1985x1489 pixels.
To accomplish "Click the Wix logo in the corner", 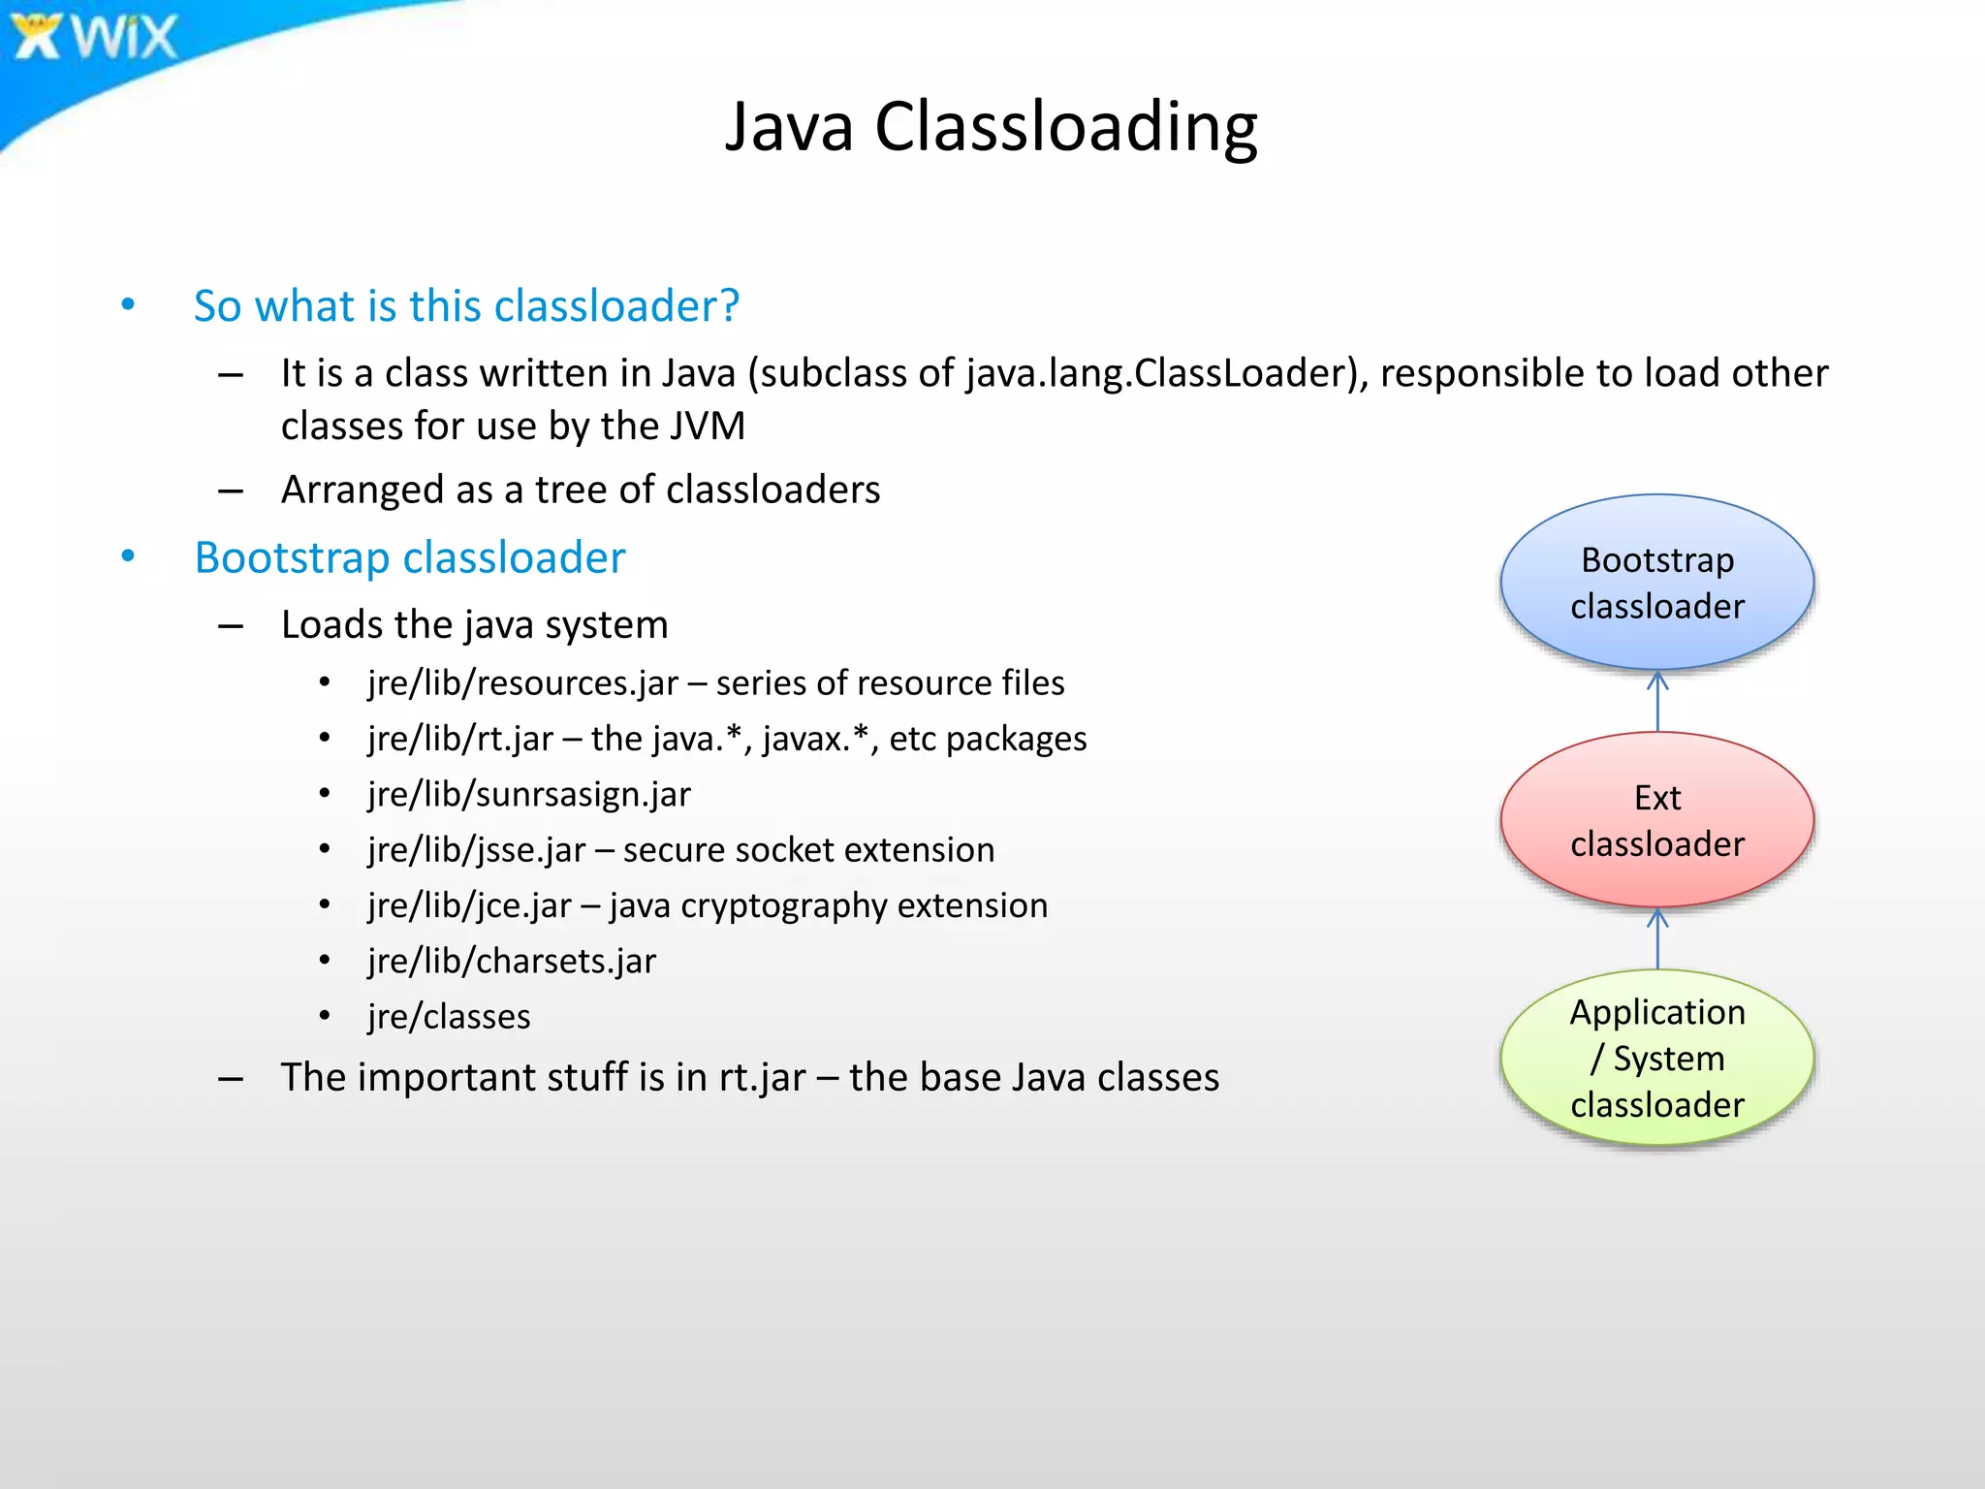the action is (x=95, y=37).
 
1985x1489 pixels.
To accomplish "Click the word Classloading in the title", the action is (x=1065, y=127).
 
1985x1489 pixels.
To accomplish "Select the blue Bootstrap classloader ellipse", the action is (x=1656, y=583).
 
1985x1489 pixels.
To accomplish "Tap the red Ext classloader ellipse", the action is (x=1656, y=820).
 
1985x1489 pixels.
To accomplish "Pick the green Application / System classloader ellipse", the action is (x=1656, y=1058).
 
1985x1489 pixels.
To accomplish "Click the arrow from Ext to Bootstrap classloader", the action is (x=1657, y=701).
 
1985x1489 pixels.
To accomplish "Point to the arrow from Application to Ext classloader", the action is (x=1657, y=938).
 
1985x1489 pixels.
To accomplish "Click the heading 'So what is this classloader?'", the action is (x=466, y=306).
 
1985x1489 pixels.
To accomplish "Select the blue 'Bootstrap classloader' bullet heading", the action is (x=409, y=558).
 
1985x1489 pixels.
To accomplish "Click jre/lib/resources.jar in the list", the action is (x=523, y=683).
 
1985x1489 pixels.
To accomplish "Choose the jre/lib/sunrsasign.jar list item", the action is (x=529, y=795).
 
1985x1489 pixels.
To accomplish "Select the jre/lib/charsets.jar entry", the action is (x=512, y=962).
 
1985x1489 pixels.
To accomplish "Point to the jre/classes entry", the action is (x=449, y=1017).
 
